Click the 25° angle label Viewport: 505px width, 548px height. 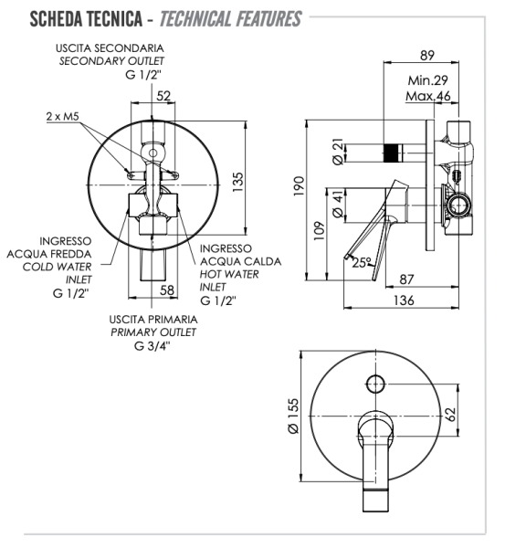click(363, 264)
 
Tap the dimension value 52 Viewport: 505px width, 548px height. click(164, 94)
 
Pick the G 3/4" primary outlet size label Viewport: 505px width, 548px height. click(153, 345)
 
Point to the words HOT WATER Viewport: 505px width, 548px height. click(229, 274)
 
